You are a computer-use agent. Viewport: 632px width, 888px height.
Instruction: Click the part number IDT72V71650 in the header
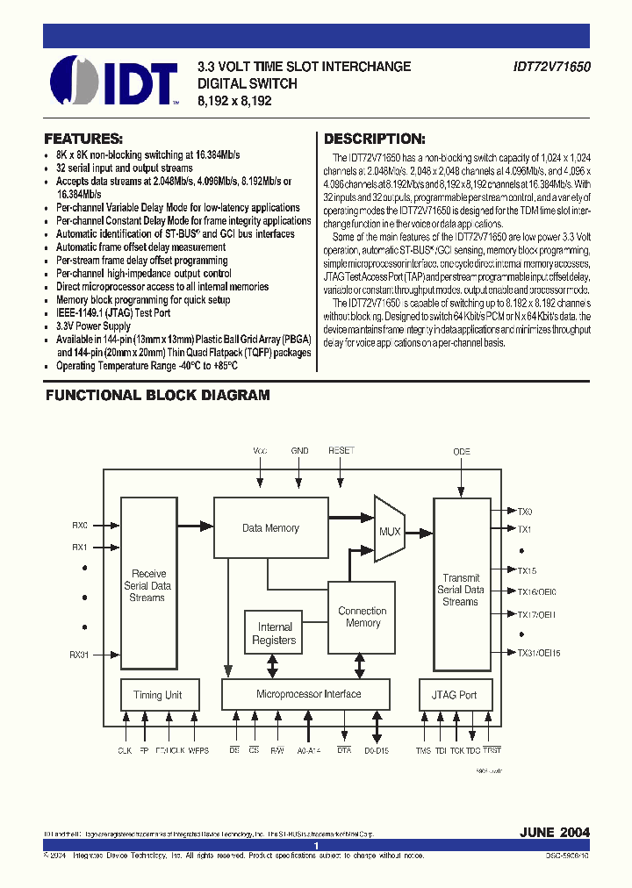click(x=552, y=67)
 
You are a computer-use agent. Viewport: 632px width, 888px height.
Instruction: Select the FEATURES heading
click(x=83, y=139)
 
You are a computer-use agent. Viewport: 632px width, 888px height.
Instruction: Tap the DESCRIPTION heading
click(x=375, y=139)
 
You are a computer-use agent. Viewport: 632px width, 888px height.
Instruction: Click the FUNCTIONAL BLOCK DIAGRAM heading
click(x=158, y=396)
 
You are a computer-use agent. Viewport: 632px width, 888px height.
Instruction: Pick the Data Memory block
click(x=270, y=528)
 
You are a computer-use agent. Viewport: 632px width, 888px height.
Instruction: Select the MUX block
click(x=389, y=531)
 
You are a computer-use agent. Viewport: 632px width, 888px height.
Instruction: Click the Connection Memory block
click(x=363, y=617)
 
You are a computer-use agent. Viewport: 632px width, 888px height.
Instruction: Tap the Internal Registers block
click(x=275, y=634)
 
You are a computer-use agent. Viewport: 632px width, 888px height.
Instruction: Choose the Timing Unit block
click(x=158, y=695)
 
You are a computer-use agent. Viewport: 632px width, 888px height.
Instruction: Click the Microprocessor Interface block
click(x=308, y=694)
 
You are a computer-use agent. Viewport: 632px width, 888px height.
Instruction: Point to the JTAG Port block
click(x=455, y=695)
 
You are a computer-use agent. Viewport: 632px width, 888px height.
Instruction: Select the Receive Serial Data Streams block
click(x=147, y=585)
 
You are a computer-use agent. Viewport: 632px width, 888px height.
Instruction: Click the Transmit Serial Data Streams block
click(x=461, y=590)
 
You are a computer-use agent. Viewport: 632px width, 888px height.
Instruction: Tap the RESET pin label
click(x=341, y=450)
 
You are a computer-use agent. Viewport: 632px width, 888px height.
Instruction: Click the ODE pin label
click(x=462, y=451)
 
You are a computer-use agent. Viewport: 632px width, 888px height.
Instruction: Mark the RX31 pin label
click(x=80, y=655)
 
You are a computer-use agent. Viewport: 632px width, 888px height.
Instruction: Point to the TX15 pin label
click(x=527, y=570)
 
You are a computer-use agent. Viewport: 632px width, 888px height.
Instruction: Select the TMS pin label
click(x=423, y=751)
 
